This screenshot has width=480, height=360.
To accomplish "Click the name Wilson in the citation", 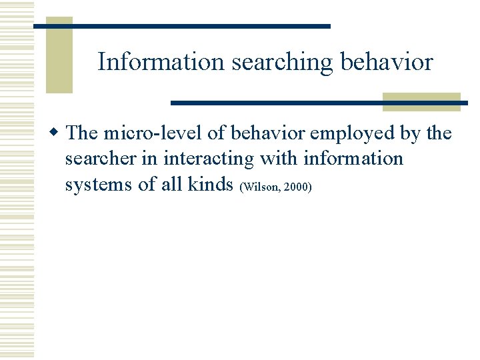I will [x=260, y=187].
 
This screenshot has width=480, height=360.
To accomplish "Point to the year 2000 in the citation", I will [x=295, y=187].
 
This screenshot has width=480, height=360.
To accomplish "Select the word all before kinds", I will [x=171, y=185].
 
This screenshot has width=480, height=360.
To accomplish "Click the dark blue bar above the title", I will [x=200, y=26].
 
